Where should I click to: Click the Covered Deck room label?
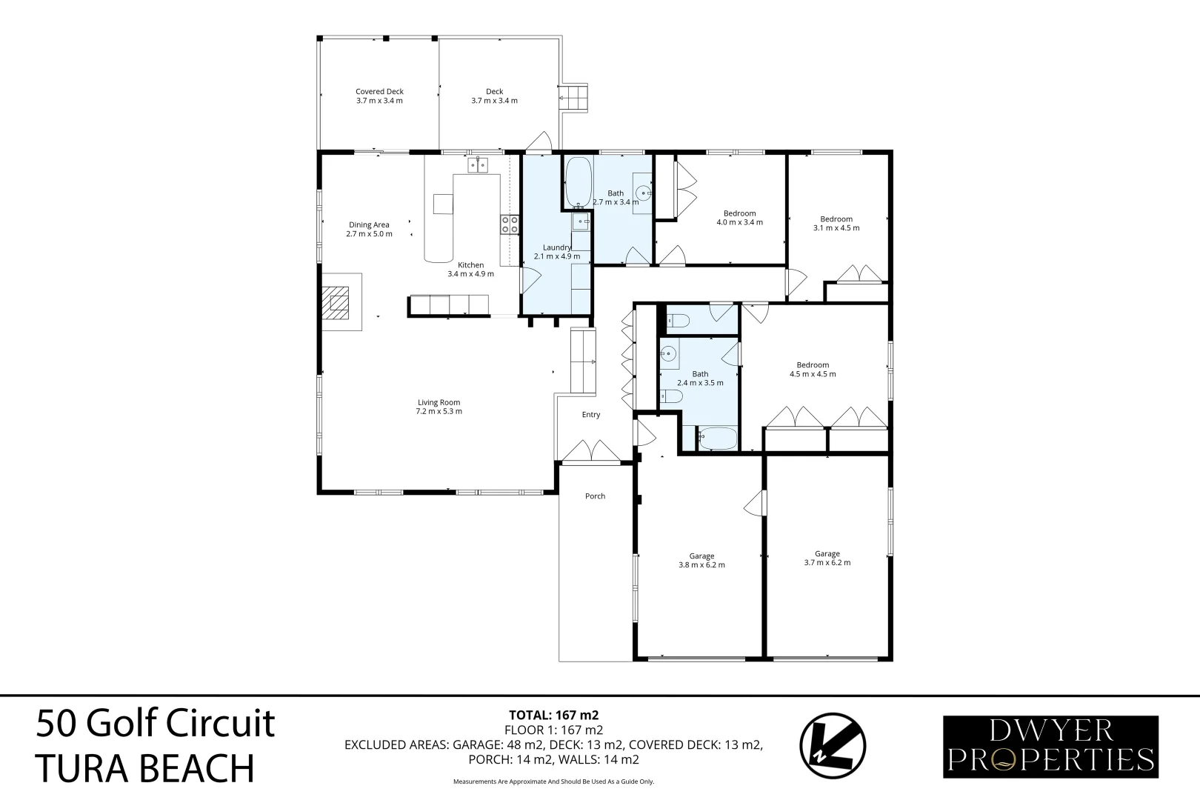click(379, 92)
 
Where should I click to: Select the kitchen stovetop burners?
click(509, 224)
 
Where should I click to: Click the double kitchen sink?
click(477, 164)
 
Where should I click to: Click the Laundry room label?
click(556, 247)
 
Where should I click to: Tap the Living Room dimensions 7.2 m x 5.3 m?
click(439, 412)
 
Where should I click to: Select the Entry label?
click(591, 415)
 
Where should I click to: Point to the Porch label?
click(595, 496)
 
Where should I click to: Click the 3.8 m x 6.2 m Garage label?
click(701, 556)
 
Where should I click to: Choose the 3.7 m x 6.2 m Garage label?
click(827, 554)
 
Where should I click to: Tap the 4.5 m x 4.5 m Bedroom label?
click(813, 365)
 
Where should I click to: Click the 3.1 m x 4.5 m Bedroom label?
click(836, 219)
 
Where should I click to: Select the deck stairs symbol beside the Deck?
click(573, 97)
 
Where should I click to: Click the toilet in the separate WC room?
click(678, 320)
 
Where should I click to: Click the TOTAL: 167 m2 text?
click(553, 716)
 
